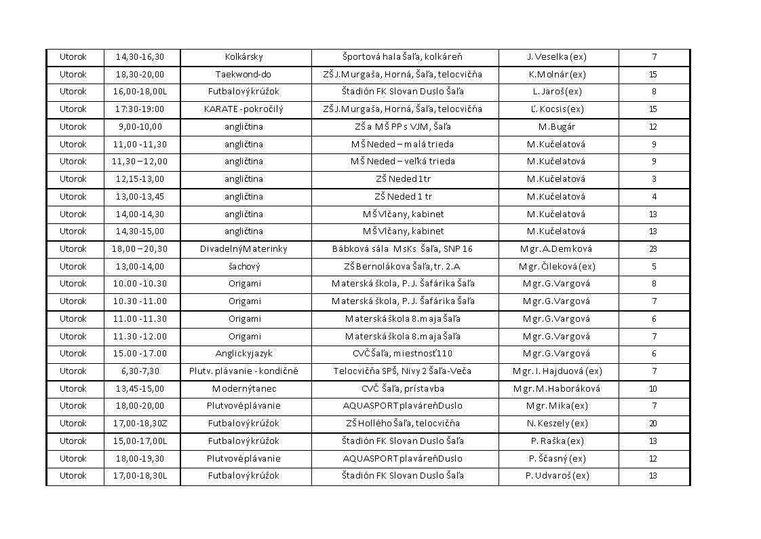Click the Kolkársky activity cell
point(243,57)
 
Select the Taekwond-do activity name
point(243,75)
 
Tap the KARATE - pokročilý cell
point(243,109)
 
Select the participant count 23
point(653,249)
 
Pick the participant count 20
point(653,424)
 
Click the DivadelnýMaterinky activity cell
point(243,249)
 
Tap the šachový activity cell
point(243,267)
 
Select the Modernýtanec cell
point(243,389)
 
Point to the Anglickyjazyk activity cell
point(243,354)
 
